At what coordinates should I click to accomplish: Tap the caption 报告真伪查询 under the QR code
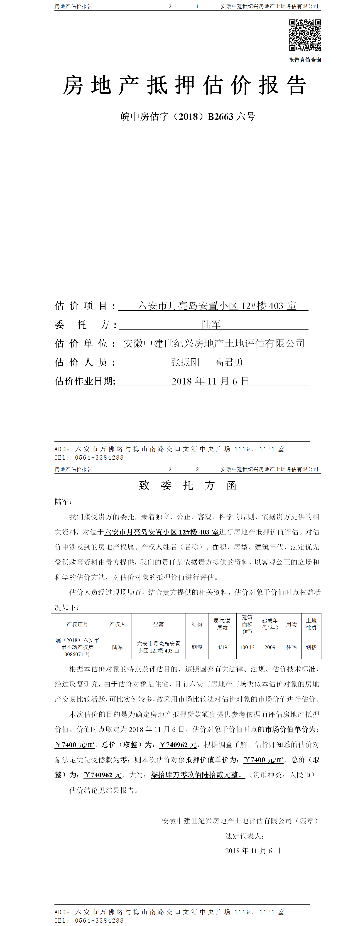[305, 60]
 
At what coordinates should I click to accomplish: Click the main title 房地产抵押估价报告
[185, 86]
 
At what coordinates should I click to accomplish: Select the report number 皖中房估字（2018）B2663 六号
[188, 116]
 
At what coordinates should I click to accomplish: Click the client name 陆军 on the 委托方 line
[211, 325]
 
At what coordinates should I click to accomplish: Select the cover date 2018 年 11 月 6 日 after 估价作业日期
[210, 381]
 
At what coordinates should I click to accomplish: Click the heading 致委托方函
[188, 486]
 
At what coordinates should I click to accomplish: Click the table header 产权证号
[77, 624]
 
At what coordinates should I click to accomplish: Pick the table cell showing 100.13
[247, 647]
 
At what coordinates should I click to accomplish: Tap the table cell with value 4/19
[222, 647]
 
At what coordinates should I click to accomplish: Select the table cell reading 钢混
[197, 647]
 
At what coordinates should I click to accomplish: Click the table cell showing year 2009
[270, 647]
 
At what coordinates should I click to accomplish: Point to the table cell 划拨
[311, 647]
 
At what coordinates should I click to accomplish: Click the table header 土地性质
[311, 624]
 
